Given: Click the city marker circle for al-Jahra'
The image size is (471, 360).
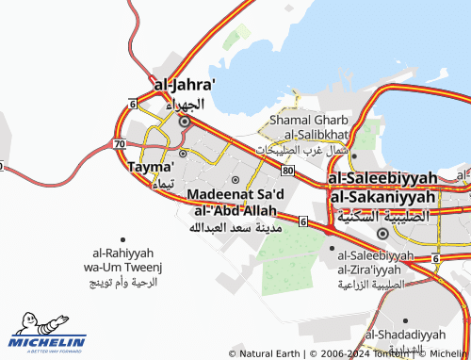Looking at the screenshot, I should point(185,121).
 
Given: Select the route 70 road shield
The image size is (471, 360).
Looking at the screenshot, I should point(118,143).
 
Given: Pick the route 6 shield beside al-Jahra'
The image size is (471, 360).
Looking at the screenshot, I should point(133,102).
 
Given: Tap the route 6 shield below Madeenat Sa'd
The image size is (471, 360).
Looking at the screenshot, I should point(302,221).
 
